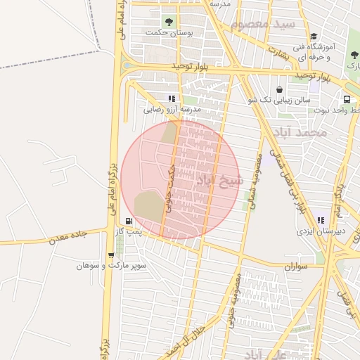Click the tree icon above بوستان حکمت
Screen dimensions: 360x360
click(x=167, y=21)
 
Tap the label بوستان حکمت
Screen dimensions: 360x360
click(x=167, y=32)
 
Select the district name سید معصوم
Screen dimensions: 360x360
click(x=264, y=24)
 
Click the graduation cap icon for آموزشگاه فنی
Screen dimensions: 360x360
click(x=314, y=37)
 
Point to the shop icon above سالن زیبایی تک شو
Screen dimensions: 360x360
click(x=281, y=89)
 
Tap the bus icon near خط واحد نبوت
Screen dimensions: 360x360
click(x=347, y=99)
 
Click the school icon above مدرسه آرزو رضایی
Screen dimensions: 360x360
click(x=171, y=98)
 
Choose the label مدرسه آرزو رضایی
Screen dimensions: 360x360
click(x=172, y=110)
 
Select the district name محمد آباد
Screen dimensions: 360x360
click(x=302, y=132)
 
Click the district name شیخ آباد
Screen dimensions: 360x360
click(x=219, y=181)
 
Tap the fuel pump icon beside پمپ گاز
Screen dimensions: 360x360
click(x=127, y=220)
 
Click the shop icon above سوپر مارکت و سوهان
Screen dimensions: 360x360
click(x=111, y=255)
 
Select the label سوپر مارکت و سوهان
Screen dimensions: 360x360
click(x=112, y=266)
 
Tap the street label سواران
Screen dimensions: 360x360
click(x=297, y=267)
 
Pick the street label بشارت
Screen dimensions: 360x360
click(x=278, y=52)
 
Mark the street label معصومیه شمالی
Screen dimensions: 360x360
click(x=253, y=179)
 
